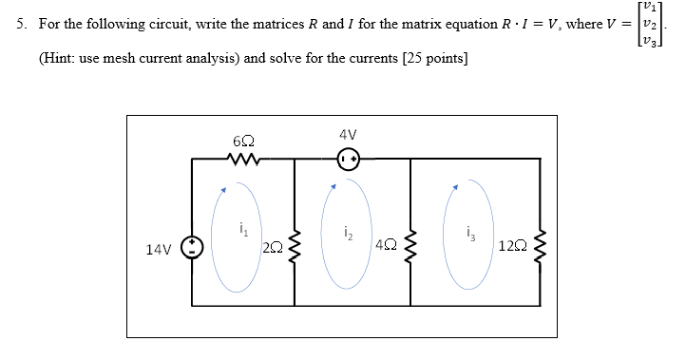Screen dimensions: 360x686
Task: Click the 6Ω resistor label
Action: tap(241, 141)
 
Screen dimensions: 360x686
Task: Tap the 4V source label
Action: tap(348, 135)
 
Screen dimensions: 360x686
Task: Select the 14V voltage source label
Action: tap(159, 250)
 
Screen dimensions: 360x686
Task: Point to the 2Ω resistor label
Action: tap(272, 249)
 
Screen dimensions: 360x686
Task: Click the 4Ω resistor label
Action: tap(386, 246)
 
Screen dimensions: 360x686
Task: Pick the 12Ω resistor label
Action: tap(509, 248)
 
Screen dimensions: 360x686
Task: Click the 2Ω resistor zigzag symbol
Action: tap(295, 249)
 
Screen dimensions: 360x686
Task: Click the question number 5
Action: tap(20, 25)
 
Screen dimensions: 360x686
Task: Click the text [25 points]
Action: tap(435, 58)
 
